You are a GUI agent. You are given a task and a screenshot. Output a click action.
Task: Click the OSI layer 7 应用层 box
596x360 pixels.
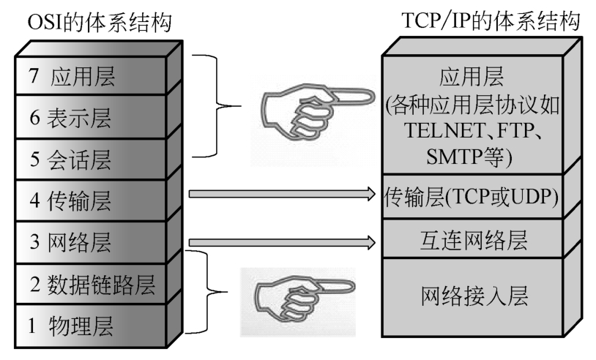91,75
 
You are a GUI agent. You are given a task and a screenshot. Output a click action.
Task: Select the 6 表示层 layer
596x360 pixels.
91,117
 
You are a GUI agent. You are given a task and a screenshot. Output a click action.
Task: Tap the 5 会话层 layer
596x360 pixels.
91,159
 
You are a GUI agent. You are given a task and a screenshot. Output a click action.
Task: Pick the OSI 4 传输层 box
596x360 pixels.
91,200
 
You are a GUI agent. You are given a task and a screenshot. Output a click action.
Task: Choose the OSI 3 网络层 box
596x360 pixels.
91,242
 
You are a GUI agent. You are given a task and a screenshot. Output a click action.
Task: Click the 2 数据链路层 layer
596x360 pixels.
91,284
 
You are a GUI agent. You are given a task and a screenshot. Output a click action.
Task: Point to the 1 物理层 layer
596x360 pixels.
91,326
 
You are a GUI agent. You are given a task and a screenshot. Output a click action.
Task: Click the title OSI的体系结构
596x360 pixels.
100,22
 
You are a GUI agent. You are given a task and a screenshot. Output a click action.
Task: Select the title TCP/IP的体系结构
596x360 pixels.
491,20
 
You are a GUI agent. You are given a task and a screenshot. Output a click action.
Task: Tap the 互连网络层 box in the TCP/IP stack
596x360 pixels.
472,239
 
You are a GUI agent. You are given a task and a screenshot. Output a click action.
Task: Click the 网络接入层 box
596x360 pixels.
472,297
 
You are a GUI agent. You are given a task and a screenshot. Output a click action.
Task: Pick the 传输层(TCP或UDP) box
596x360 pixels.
472,197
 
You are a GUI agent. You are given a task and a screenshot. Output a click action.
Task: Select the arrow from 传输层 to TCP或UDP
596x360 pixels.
282,194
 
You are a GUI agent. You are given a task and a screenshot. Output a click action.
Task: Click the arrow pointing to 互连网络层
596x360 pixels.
282,242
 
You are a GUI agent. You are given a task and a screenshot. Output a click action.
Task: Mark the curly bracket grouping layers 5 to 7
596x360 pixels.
217,106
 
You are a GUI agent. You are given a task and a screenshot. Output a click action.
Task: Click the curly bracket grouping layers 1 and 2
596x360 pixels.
207,292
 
